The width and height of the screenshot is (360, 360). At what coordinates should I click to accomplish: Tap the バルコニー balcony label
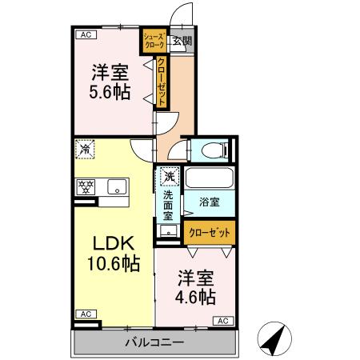point(154,342)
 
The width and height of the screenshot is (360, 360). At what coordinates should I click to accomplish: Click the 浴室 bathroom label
point(210,203)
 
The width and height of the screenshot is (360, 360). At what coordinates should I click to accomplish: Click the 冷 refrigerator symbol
point(84,148)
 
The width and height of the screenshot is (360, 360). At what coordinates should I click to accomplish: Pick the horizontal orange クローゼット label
point(210,232)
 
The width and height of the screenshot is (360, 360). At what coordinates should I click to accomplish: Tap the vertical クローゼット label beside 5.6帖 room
point(161,82)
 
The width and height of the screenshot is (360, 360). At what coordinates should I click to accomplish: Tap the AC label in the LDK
point(84,314)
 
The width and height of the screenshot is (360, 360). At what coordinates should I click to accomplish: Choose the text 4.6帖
point(196,297)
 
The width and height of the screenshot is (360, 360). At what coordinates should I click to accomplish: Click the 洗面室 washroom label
point(169,206)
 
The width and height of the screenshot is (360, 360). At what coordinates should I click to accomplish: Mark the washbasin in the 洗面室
point(169,231)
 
